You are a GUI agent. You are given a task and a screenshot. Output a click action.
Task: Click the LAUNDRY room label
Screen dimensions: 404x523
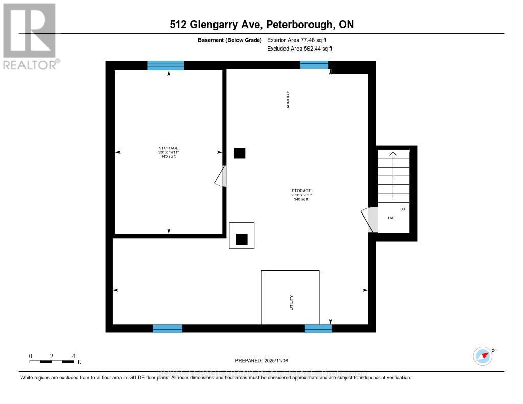288,101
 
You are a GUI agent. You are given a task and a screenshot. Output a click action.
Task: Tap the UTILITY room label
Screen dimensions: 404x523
292,303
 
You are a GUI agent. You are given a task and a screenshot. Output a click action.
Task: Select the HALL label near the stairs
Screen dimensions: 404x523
393,218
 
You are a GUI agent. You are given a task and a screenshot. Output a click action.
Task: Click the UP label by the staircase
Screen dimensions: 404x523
403,209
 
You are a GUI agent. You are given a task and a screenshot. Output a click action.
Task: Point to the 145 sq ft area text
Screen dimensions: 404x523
168,157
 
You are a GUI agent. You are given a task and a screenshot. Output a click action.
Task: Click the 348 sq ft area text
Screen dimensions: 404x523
301,199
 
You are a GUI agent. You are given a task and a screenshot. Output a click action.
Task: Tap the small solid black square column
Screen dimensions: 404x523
239,153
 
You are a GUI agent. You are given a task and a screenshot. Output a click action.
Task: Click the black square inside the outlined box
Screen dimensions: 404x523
242,239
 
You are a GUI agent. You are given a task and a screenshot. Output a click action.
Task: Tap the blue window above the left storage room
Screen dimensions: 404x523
165,65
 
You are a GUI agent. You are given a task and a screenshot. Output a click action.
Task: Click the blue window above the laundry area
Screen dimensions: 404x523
314,65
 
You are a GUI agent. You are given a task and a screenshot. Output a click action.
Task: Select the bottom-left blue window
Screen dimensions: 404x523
168,328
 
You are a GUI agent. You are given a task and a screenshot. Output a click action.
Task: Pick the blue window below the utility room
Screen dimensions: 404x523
318,328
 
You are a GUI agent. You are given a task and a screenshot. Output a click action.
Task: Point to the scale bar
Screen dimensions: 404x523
52,362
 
